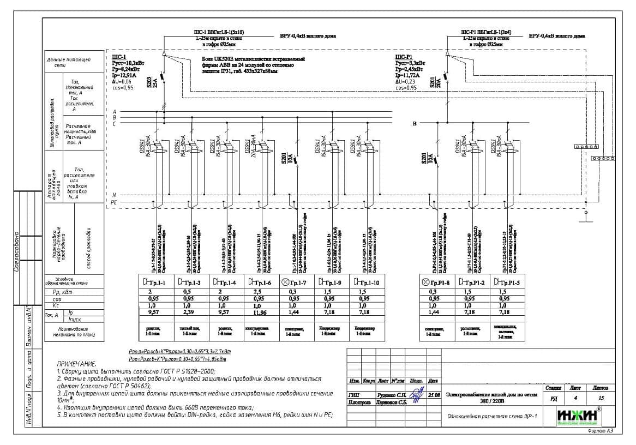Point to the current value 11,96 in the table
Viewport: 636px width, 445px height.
coord(260,312)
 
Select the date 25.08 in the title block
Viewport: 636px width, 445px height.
coord(434,395)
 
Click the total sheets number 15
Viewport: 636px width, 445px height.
coord(601,398)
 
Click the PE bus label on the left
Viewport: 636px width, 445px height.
coord(114,202)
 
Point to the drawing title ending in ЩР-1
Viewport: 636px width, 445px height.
coord(491,416)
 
